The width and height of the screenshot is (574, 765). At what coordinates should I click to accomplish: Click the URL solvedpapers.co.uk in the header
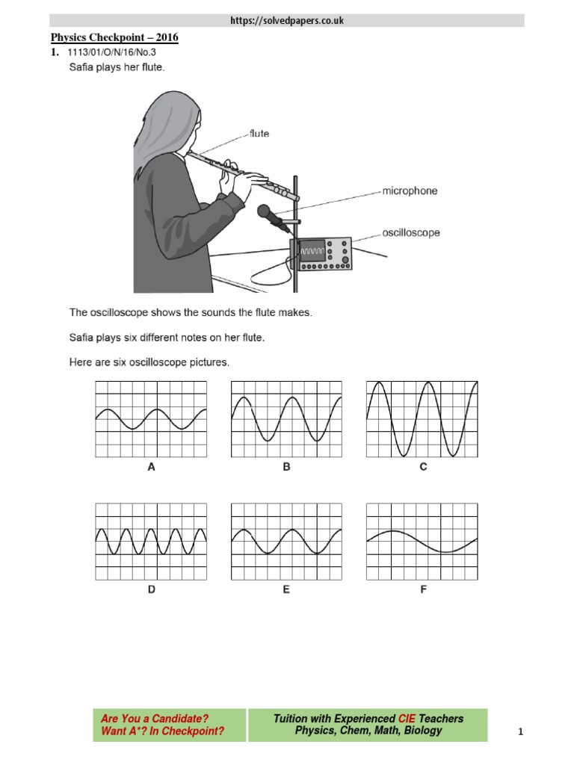pyautogui.click(x=287, y=21)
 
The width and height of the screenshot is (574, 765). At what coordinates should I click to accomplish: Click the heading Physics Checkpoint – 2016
pyautogui.click(x=114, y=37)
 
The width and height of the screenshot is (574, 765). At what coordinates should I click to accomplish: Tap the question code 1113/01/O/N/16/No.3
pyautogui.click(x=111, y=52)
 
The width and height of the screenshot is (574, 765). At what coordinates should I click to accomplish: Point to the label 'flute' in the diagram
pyautogui.click(x=259, y=134)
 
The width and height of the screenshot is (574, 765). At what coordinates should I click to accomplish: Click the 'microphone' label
pyautogui.click(x=410, y=191)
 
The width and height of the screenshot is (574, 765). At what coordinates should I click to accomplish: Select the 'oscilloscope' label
pyautogui.click(x=411, y=232)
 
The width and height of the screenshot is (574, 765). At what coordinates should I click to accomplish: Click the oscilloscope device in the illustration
pyautogui.click(x=324, y=253)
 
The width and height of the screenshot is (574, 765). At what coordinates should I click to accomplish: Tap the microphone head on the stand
pyautogui.click(x=265, y=213)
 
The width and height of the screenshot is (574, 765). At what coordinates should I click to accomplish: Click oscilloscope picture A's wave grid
pyautogui.click(x=152, y=418)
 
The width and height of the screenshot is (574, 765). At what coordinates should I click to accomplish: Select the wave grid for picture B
pyautogui.click(x=287, y=418)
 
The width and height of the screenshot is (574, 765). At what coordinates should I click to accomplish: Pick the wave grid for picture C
pyautogui.click(x=422, y=418)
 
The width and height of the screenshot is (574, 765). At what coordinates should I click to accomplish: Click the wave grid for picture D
pyautogui.click(x=152, y=541)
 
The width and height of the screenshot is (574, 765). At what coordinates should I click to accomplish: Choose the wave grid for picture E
pyautogui.click(x=287, y=541)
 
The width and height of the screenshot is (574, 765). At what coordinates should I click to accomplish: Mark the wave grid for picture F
pyautogui.click(x=422, y=541)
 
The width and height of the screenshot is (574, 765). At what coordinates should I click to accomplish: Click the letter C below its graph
pyautogui.click(x=423, y=468)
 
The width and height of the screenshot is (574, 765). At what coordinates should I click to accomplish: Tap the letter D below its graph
pyautogui.click(x=152, y=589)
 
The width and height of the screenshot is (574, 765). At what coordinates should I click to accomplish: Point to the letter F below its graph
pyautogui.click(x=423, y=589)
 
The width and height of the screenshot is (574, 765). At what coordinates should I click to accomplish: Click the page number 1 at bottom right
pyautogui.click(x=520, y=733)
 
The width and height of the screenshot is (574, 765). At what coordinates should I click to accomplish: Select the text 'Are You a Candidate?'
pyautogui.click(x=155, y=718)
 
